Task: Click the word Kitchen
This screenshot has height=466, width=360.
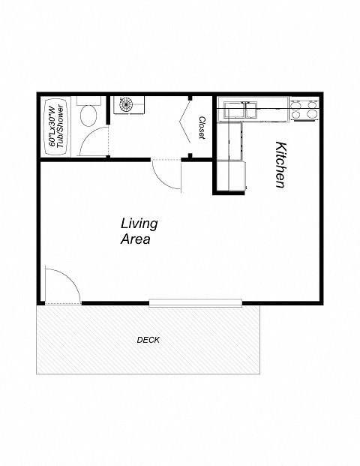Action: pos(280,164)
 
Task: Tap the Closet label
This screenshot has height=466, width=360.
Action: pos(202,127)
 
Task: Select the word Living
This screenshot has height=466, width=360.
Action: pos(139,224)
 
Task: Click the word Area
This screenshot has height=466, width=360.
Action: pos(136,240)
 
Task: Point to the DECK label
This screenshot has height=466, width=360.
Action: pos(148,340)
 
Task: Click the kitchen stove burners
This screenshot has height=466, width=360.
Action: pos(304,110)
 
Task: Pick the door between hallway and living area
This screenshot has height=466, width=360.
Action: pos(166,174)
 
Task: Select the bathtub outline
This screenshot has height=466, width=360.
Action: pos(53,125)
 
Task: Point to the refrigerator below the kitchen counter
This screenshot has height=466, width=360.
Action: pos(229,176)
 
